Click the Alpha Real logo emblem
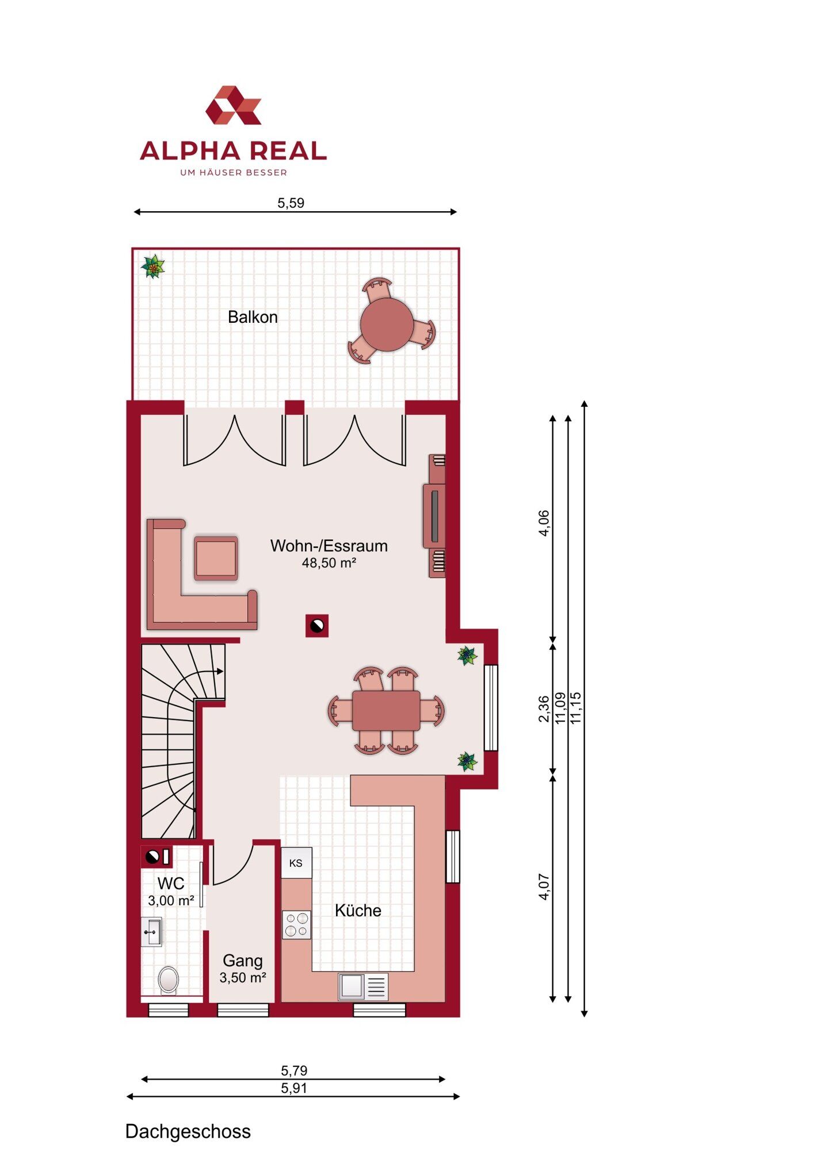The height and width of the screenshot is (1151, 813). tap(234, 105)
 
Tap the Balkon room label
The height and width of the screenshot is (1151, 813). tap(253, 317)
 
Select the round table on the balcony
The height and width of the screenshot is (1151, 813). tap(387, 325)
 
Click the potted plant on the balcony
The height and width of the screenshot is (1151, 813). tap(153, 267)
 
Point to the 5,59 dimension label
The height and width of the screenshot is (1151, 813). tap(291, 203)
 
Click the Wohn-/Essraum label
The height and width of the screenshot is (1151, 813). tap(329, 546)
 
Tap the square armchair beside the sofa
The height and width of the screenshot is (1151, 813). tap(216, 558)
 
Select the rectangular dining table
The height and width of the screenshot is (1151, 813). tap(386, 711)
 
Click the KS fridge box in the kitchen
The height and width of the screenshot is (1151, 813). tap(296, 863)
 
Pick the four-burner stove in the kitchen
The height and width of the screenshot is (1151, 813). tap(296, 925)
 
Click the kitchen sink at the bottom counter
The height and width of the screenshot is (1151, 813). tap(363, 987)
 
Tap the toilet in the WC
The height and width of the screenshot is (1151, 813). tap(169, 979)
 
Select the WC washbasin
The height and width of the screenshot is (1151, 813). tap(152, 932)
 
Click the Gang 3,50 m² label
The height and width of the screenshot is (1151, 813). tap(243, 969)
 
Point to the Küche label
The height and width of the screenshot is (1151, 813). tap(358, 910)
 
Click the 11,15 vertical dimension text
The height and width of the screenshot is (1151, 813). tap(576, 708)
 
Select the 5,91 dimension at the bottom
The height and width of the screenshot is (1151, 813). tap(294, 1088)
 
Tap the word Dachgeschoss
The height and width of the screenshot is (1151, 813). tap(188, 1131)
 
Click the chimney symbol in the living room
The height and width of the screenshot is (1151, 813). tap(317, 626)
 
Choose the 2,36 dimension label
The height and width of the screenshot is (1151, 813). tap(544, 709)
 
